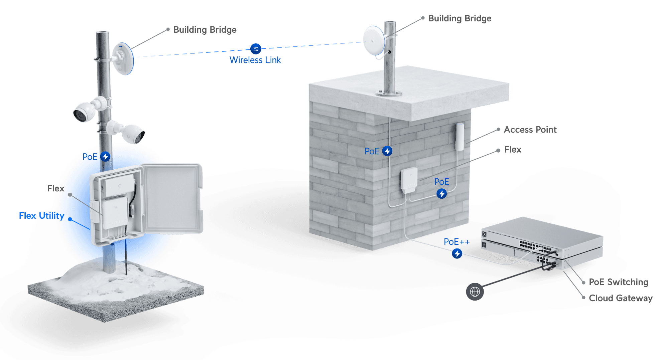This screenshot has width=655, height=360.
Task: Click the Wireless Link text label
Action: [x=255, y=60]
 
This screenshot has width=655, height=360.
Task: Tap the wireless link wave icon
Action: [x=256, y=49]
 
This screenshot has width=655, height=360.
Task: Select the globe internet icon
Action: [x=475, y=292]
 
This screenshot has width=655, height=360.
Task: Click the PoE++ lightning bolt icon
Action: [x=457, y=254]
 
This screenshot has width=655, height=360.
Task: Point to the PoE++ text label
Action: [x=456, y=242]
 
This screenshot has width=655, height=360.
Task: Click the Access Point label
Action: [x=530, y=130]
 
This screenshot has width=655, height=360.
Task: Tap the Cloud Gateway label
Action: [x=621, y=298]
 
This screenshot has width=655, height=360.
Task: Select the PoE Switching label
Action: [x=618, y=282]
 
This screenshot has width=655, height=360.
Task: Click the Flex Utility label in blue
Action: [x=40, y=216]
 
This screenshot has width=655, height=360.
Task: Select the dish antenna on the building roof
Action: [x=374, y=40]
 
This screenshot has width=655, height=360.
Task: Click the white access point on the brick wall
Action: [x=460, y=137]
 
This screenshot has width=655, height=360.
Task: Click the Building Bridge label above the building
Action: [x=460, y=18]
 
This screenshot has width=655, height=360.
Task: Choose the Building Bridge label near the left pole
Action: [x=205, y=30]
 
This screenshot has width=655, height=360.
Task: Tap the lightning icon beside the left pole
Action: [x=106, y=156]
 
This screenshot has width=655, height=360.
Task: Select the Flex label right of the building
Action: [x=513, y=149]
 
